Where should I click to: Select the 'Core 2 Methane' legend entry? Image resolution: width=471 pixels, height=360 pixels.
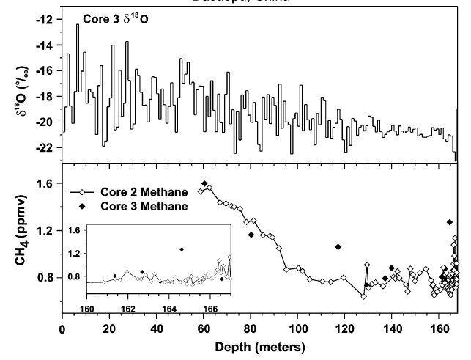(141, 191)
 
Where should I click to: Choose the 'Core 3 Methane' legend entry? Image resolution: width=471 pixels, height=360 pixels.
(141, 206)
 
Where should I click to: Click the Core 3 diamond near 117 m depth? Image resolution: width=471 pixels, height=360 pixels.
(338, 247)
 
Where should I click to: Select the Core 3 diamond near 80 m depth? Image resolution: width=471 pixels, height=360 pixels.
(251, 235)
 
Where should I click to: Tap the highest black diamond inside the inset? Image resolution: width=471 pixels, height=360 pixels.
(182, 249)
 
